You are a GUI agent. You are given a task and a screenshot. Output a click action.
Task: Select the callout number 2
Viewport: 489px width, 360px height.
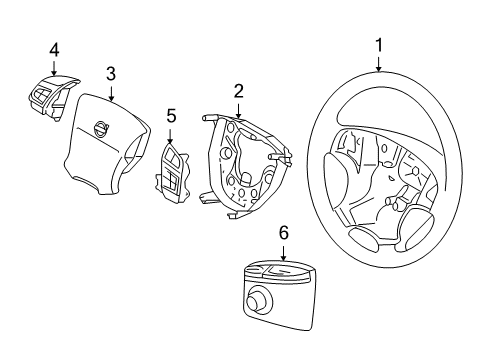coord(238,91)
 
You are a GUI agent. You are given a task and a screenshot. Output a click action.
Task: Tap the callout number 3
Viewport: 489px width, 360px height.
coord(111,73)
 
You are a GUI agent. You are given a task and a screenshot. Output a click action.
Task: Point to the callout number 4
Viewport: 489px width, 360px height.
coord(54,48)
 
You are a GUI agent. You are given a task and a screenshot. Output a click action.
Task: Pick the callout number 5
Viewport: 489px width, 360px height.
coord(171,116)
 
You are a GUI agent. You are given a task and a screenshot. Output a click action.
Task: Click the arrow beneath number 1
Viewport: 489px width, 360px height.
coord(378,64)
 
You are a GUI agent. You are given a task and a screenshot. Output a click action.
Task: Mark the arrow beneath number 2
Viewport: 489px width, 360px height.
coord(239,110)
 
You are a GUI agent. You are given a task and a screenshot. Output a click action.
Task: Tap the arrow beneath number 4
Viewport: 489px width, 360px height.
coord(55,67)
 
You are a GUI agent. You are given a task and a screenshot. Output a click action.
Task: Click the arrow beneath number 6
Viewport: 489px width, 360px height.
coord(283,251)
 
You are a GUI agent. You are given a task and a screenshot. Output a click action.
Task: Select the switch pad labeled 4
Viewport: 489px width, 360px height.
coord(50,94)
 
